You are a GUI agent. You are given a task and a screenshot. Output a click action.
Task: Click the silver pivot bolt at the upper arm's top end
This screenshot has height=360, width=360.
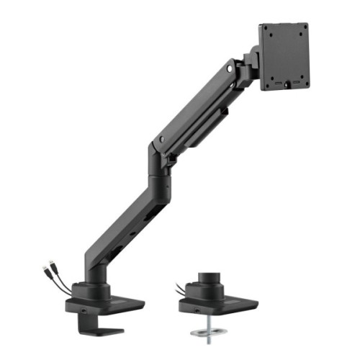(x=229, y=70)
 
